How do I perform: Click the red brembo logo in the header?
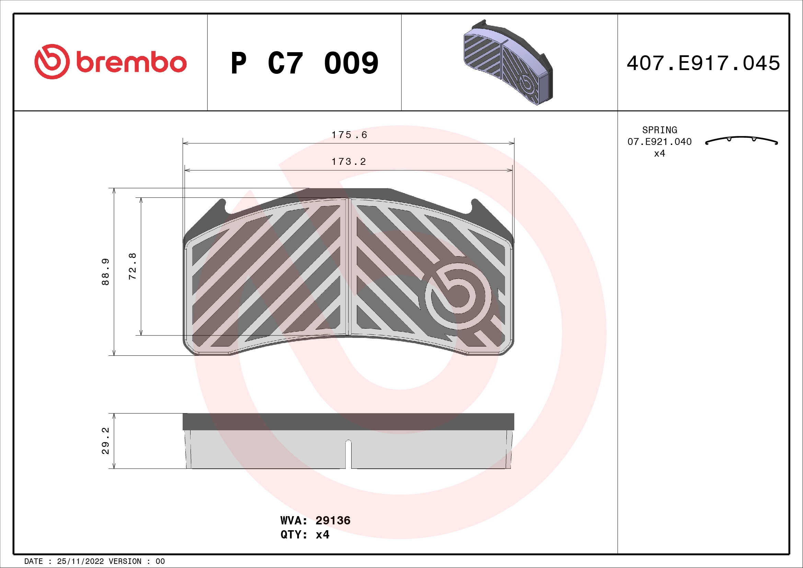coord(111,62)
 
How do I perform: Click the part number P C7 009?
coord(304,63)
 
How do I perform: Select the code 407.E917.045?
coord(703,63)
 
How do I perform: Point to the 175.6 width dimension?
coord(349,135)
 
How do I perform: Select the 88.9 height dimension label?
coord(105,272)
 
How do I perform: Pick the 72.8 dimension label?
coord(133,266)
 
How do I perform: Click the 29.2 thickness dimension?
coord(105,440)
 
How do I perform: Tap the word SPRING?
coord(659,130)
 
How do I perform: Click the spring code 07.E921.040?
coord(659,141)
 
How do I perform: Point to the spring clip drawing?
coord(742,140)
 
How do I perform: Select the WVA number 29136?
coord(333,520)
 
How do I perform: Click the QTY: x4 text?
coord(305,535)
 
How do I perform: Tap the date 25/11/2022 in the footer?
coord(80,561)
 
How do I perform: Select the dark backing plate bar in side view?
coord(348,421)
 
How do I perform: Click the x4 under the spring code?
coord(659,154)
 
